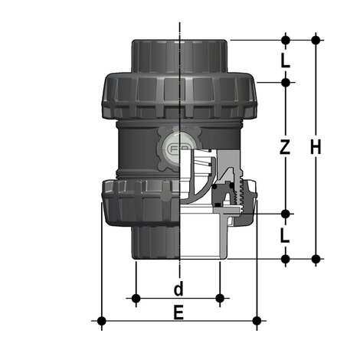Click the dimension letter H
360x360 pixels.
point(315,148)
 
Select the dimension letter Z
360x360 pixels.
point(285,148)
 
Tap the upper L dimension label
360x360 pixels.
point(285,60)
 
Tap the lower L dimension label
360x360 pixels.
point(285,237)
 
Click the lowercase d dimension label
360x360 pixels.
point(178,289)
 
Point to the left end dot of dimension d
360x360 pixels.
point(136,298)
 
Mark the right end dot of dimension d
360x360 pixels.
point(221,298)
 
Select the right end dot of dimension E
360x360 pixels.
point(258,320)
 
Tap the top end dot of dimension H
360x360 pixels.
point(315,38)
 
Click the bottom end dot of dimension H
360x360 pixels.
point(315,259)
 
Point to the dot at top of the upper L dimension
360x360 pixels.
point(285,38)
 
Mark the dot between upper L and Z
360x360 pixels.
point(285,81)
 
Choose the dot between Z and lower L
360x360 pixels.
point(285,214)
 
